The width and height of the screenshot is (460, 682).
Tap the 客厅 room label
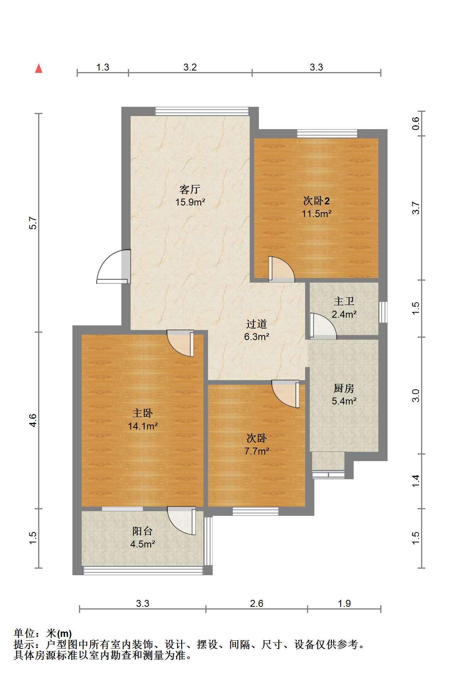click(x=190, y=189)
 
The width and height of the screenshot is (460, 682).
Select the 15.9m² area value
click(x=190, y=202)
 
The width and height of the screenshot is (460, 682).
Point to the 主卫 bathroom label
click(x=344, y=301)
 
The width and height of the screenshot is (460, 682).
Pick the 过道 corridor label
click(x=257, y=324)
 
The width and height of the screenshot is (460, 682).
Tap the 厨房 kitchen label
click(x=344, y=388)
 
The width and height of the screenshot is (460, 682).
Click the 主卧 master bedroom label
click(x=143, y=413)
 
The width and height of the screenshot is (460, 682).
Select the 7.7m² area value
click(x=257, y=451)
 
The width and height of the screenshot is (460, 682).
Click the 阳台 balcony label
click(x=143, y=531)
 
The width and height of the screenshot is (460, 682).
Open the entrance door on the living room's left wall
click(x=113, y=267)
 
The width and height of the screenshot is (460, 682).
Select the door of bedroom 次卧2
click(x=282, y=269)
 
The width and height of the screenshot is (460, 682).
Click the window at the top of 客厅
click(x=202, y=111)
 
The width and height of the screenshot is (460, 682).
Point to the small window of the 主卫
click(x=383, y=312)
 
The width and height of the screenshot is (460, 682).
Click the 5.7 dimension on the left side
click(x=33, y=223)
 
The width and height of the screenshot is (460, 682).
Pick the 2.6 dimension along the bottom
click(x=257, y=603)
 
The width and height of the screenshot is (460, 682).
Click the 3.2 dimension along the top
click(x=190, y=67)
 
